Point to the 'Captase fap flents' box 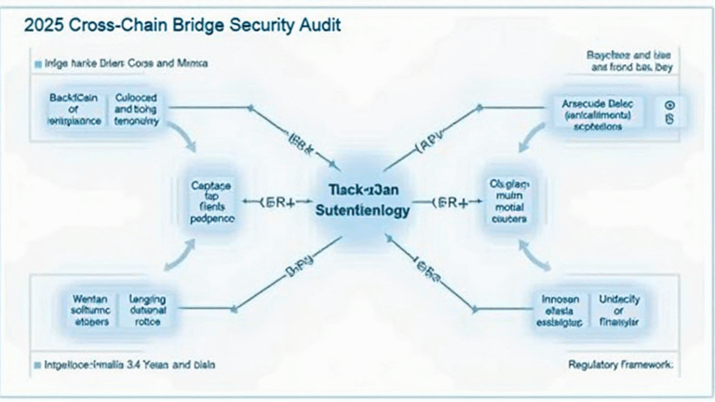[x=212, y=200]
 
